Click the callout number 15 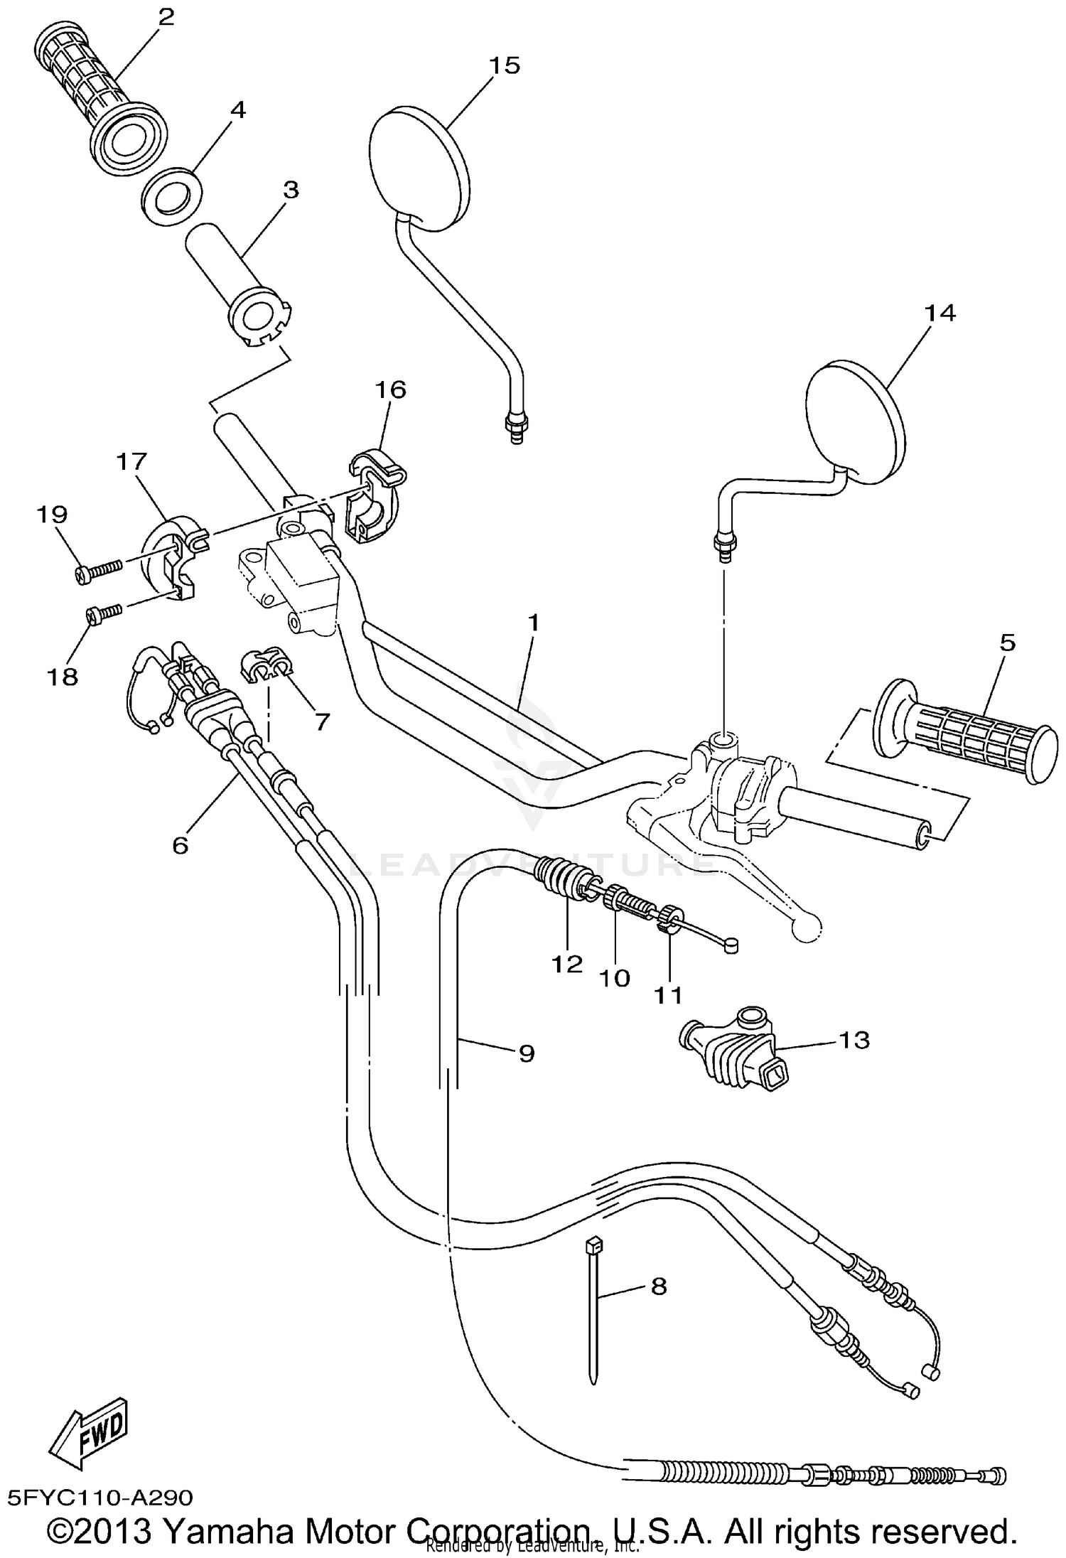click(505, 65)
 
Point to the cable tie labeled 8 click(593, 1315)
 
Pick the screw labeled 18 click(104, 612)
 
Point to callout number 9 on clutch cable click(526, 1053)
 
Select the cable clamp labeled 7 click(266, 665)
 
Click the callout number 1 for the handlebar click(533, 623)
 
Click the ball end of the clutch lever click(807, 926)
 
